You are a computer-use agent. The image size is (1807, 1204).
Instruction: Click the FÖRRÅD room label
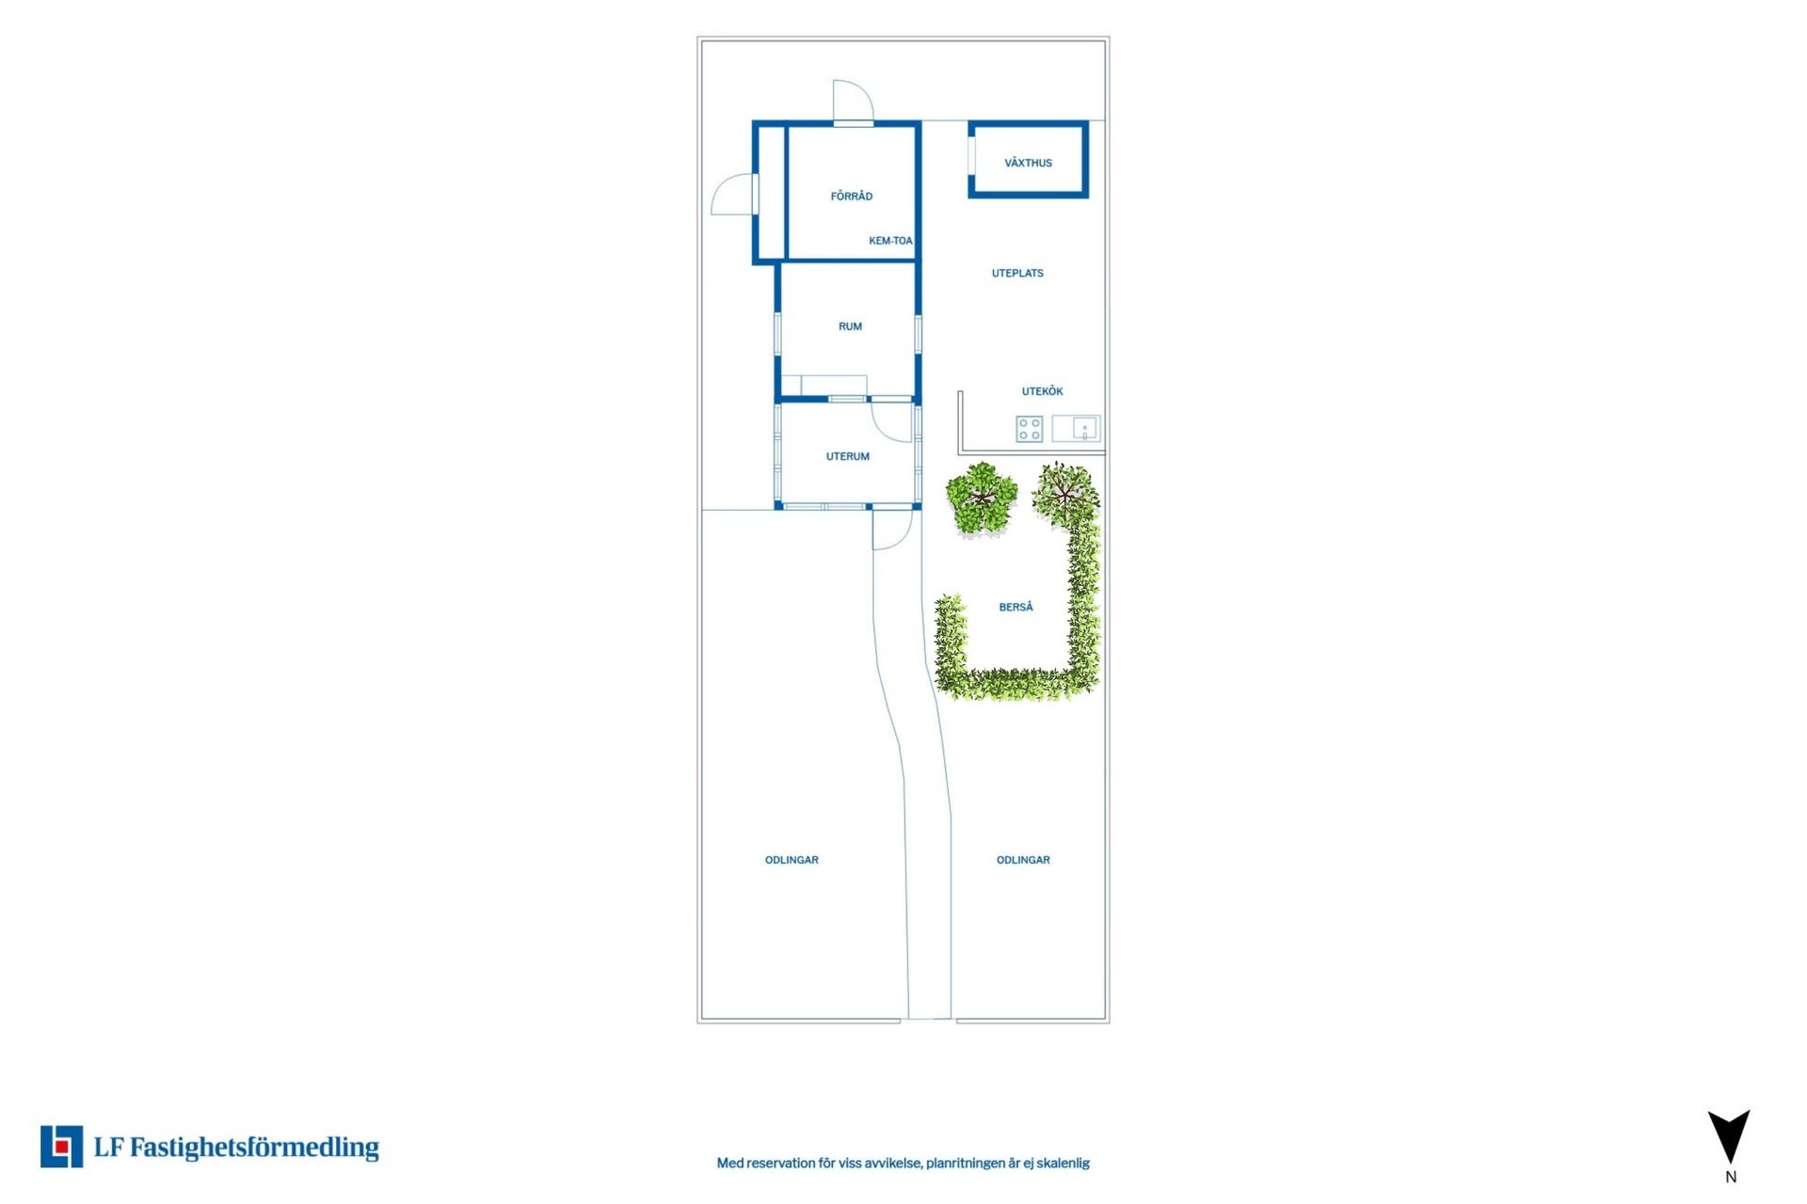coord(851,196)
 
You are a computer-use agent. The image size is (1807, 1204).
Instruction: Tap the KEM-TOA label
coord(890,241)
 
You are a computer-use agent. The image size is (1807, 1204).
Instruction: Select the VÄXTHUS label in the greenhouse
coord(1028,163)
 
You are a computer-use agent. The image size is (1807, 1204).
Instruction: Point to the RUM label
coord(850,326)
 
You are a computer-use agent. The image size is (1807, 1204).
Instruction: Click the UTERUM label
coord(848,456)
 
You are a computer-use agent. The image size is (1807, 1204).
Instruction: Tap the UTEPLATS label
coord(1017,273)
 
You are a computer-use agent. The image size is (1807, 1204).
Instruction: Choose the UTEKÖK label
coord(1042,391)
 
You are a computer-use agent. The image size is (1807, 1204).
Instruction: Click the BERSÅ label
coord(1015,607)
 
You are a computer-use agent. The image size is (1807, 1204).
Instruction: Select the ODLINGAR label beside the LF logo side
coord(792,860)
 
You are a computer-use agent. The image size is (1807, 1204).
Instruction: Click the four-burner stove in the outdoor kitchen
coord(1029,429)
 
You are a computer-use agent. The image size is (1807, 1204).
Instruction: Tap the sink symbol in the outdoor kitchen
coord(1076,429)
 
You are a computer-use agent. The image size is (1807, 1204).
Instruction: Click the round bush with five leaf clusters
coord(982,498)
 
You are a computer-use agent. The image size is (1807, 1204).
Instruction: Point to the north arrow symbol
coord(1729,1136)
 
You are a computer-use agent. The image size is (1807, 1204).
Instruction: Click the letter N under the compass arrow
coord(1730,1177)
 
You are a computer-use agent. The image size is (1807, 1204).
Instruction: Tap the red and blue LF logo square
coord(61,1147)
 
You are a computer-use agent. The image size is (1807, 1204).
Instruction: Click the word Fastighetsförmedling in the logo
coord(254,1148)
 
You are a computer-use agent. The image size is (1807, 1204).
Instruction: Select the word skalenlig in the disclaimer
coord(1063,1164)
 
